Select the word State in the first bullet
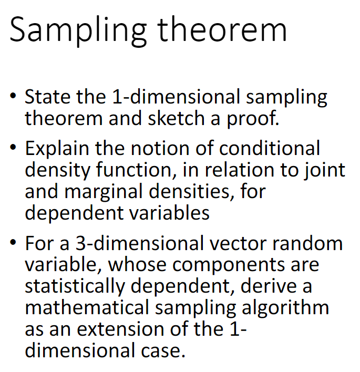[x=48, y=97]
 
